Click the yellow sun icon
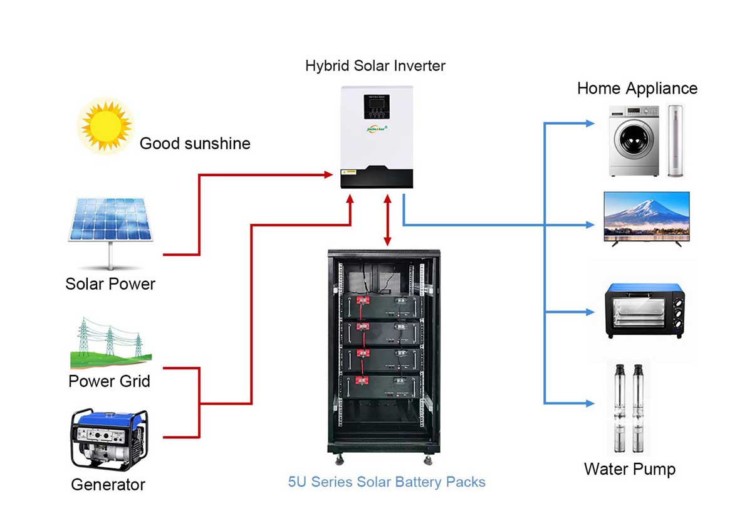pyautogui.click(x=106, y=126)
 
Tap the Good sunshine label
pyautogui.click(x=195, y=144)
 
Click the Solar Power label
pyautogui.click(x=110, y=284)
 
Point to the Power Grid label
pyautogui.click(x=110, y=381)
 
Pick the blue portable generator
pyautogui.click(x=109, y=440)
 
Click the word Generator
pyautogui.click(x=108, y=484)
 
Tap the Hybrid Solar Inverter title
pyautogui.click(x=375, y=65)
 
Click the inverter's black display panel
pyautogui.click(x=377, y=107)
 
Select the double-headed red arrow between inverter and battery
pyautogui.click(x=387, y=220)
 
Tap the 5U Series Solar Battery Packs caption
pyautogui.click(x=387, y=482)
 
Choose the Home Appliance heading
pyautogui.click(x=637, y=88)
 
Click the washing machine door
pyautogui.click(x=634, y=139)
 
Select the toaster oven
pyautogui.click(x=645, y=310)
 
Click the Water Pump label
pyautogui.click(x=629, y=469)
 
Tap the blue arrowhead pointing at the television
pyautogui.click(x=590, y=225)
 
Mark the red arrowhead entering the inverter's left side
pyautogui.click(x=328, y=175)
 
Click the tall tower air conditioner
pyautogui.click(x=675, y=140)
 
